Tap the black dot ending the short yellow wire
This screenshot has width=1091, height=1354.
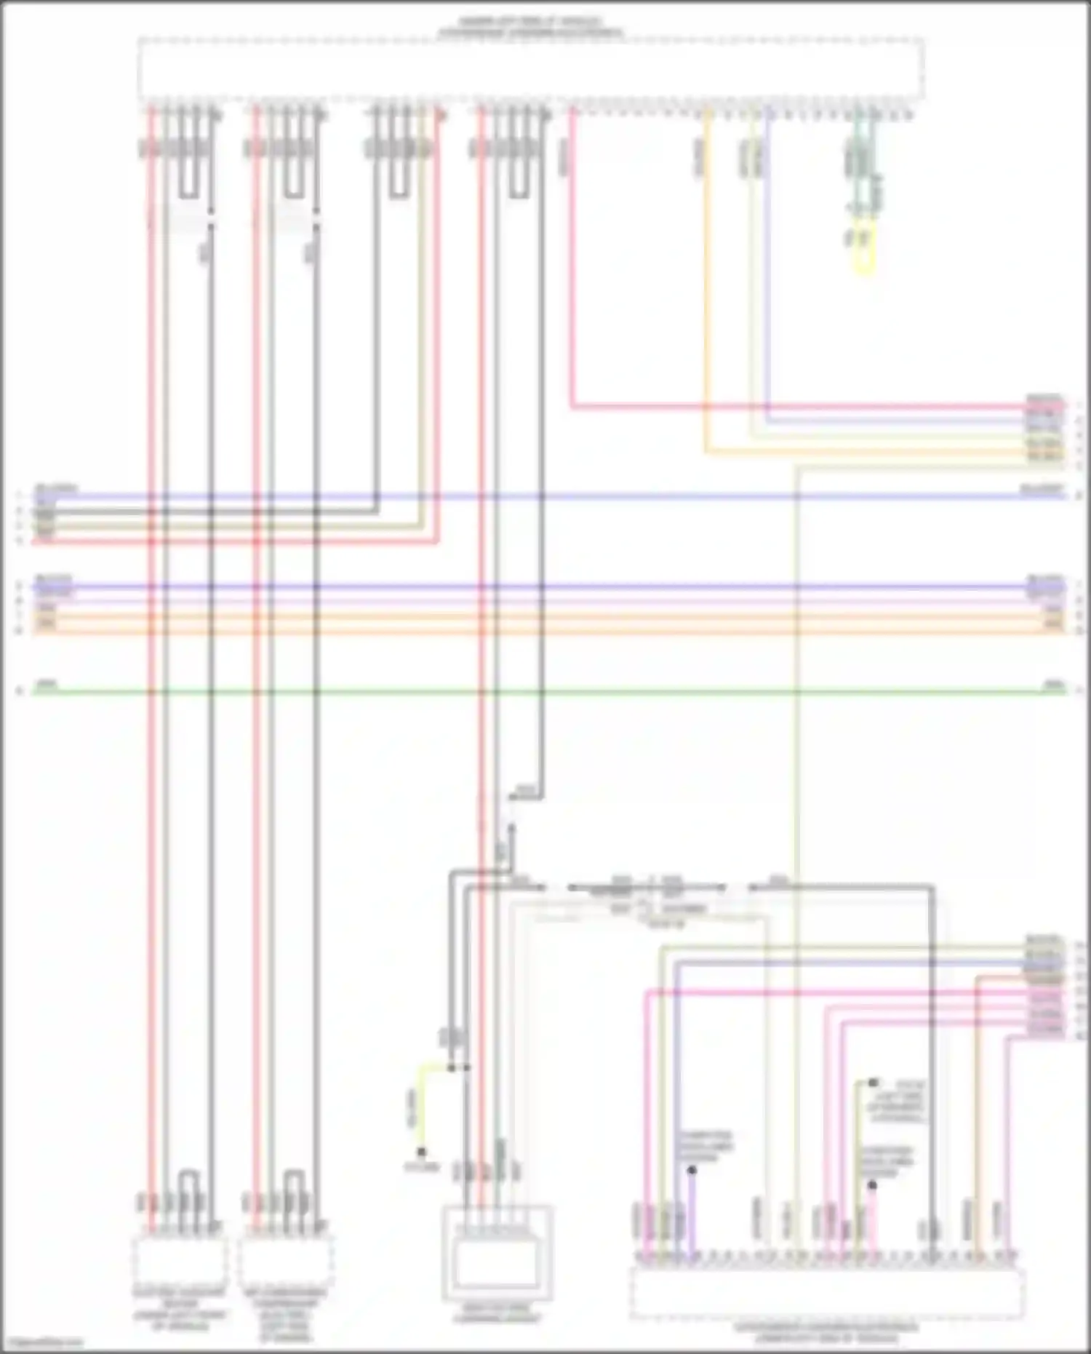click(421, 1152)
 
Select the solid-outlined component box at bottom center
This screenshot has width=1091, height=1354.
click(497, 1252)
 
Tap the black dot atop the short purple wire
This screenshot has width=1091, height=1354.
click(692, 1171)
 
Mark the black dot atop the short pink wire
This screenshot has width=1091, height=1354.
click(872, 1185)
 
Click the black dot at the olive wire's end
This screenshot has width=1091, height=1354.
click(873, 1083)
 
